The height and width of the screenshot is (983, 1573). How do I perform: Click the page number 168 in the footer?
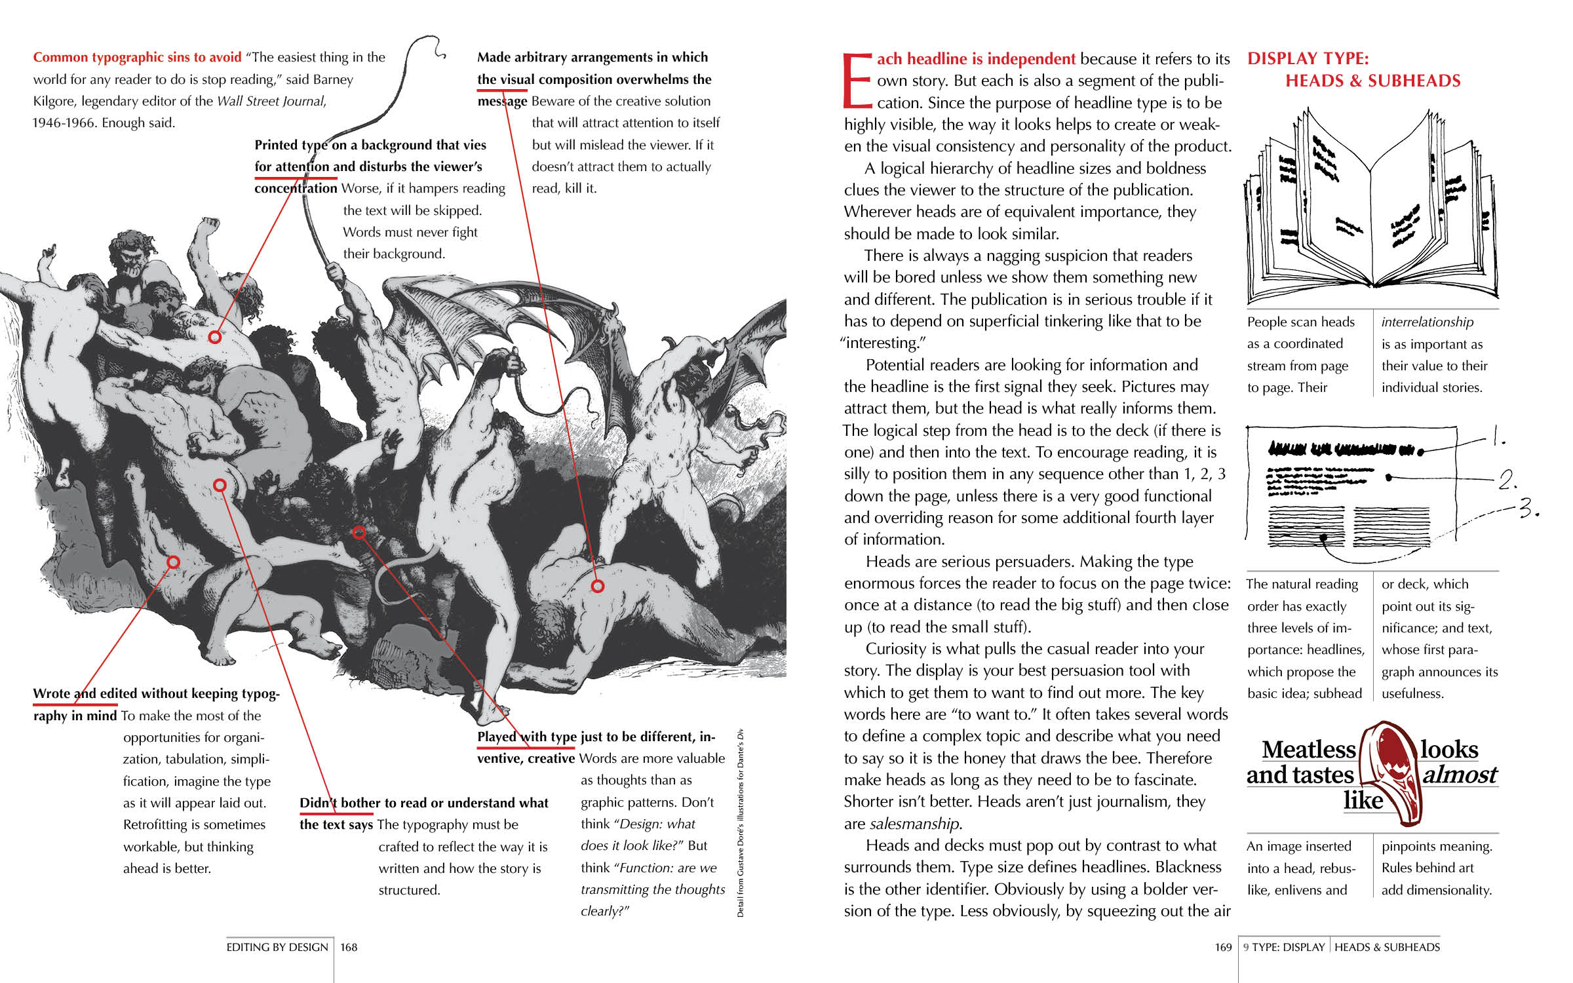click(349, 947)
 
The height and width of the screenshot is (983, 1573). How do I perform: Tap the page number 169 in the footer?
click(1223, 947)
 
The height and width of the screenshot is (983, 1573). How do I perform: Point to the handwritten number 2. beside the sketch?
click(1507, 480)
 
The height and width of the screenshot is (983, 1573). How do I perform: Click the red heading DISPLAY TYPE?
click(1308, 58)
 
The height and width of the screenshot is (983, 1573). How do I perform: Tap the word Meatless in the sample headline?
click(1308, 749)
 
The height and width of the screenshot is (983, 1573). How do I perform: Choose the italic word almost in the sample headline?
click(1460, 775)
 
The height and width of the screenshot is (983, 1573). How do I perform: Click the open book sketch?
click(1371, 210)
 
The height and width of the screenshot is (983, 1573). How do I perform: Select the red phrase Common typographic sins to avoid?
click(137, 57)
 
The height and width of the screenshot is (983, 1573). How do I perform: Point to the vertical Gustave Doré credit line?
click(740, 822)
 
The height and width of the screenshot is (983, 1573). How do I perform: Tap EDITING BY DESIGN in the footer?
click(277, 947)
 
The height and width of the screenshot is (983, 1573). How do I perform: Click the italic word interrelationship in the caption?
click(1427, 322)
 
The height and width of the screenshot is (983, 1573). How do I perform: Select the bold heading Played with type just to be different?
click(595, 737)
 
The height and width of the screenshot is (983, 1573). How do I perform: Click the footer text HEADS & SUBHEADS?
click(1387, 947)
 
